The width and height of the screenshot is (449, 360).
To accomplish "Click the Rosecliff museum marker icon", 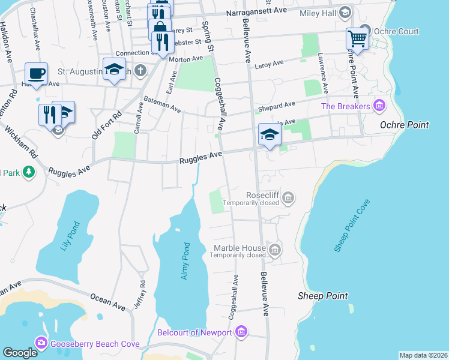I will click(289, 197).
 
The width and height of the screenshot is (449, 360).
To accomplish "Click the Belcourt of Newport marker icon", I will click(241, 332).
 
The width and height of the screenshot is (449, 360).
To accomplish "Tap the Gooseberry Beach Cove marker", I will click(41, 344).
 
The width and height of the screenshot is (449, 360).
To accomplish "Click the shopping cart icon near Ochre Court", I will click(357, 39).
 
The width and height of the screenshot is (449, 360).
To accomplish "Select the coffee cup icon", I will click(36, 74).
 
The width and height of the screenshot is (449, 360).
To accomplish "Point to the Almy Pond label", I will click(185, 260).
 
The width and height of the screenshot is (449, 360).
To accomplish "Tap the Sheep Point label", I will click(322, 296).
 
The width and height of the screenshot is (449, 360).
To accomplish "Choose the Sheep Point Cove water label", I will click(351, 226).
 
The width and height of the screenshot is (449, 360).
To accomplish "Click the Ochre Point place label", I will click(405, 125).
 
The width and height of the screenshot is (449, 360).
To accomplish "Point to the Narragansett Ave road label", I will click(257, 13).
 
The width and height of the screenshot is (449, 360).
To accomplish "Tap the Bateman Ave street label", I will click(161, 103).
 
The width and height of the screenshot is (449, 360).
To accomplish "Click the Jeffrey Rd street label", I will click(143, 293).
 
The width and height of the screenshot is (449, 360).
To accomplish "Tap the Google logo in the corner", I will click(20, 353).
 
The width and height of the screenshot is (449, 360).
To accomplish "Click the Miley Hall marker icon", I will click(345, 13).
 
